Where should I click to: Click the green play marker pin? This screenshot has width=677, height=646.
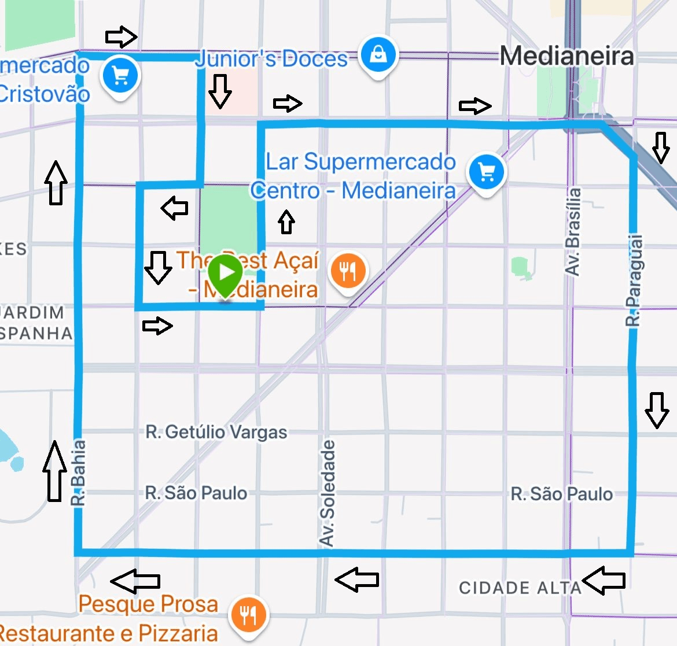225,273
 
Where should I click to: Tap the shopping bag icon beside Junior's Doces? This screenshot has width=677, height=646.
378,55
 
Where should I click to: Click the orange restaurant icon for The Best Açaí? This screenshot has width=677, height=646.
347,271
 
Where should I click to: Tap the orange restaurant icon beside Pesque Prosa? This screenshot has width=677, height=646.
248,615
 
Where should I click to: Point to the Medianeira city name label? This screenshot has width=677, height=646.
566,57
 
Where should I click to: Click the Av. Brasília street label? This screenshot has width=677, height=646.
572,231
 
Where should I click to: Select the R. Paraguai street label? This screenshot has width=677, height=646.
634,280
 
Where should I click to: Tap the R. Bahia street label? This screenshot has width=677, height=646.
79,473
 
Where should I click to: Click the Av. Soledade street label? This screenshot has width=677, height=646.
328,493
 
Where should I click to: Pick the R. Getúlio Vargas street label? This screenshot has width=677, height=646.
216,432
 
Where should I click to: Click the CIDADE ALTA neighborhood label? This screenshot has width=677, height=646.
520,588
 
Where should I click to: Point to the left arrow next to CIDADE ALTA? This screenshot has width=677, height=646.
604,580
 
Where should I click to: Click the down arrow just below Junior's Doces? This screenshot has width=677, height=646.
220,91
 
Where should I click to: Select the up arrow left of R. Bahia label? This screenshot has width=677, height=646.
54,471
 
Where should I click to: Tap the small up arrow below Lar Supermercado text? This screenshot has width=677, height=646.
286,222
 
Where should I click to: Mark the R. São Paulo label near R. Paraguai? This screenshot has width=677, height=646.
561,494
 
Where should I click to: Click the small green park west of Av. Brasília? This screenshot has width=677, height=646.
522,268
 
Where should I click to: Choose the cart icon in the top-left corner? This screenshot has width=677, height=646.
120,75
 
